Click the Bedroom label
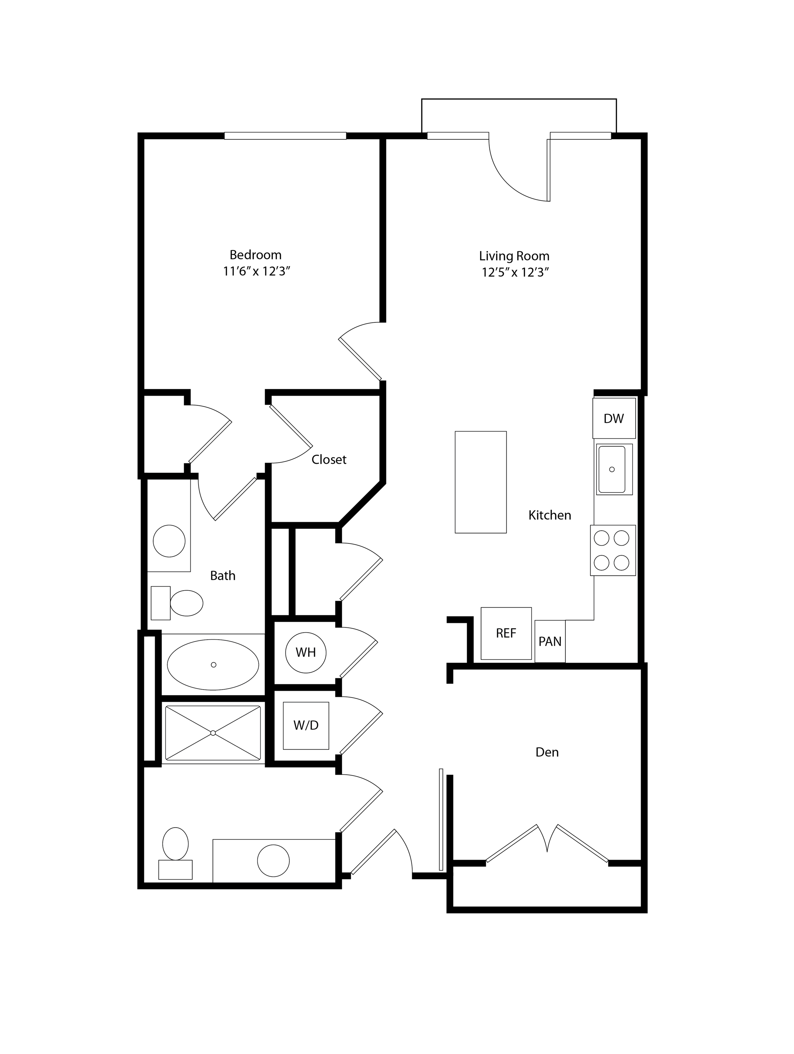[255, 255]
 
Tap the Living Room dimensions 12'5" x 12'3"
[515, 273]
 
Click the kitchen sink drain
[612, 469]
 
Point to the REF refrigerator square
[506, 633]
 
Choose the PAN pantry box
[550, 641]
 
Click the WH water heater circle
[306, 652]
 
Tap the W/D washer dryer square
[306, 725]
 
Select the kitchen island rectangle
[481, 482]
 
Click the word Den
[547, 752]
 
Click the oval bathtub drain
[213, 665]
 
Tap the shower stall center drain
[213, 733]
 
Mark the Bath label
[223, 576]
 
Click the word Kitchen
[549, 515]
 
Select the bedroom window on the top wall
[285, 136]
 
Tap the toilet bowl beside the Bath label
[186, 603]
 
